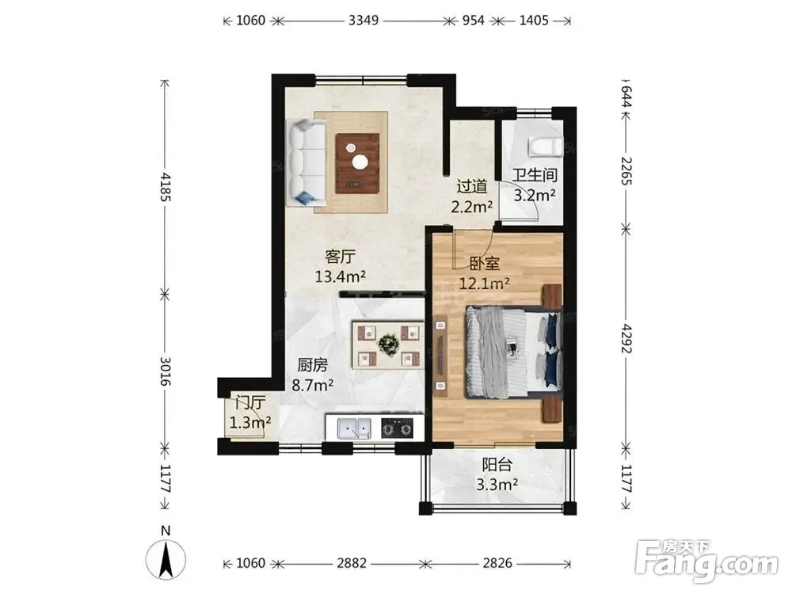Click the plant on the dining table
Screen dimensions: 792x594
click(x=388, y=345)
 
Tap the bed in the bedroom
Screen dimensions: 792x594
click(x=513, y=351)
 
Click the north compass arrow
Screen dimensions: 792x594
click(x=166, y=558)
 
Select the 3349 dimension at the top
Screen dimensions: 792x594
click(x=364, y=21)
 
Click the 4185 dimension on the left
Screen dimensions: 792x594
click(x=166, y=188)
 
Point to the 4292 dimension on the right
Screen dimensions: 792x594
click(x=626, y=338)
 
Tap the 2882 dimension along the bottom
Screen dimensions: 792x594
click(x=352, y=562)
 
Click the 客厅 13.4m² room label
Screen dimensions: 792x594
click(x=341, y=267)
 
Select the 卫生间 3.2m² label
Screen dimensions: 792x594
click(x=535, y=185)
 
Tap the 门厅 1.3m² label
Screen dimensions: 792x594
click(x=250, y=412)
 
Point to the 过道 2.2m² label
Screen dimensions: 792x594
click(x=472, y=196)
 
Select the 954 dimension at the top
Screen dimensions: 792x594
click(x=474, y=21)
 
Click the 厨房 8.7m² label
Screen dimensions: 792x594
click(x=313, y=375)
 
